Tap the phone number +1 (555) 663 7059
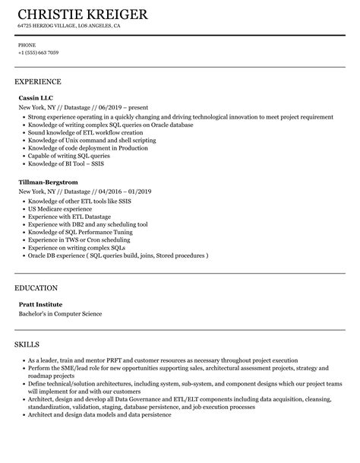coord(38,52)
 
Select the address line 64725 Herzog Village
coord(69,26)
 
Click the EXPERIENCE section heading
coord(38,81)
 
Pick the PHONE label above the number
coord(26,44)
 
